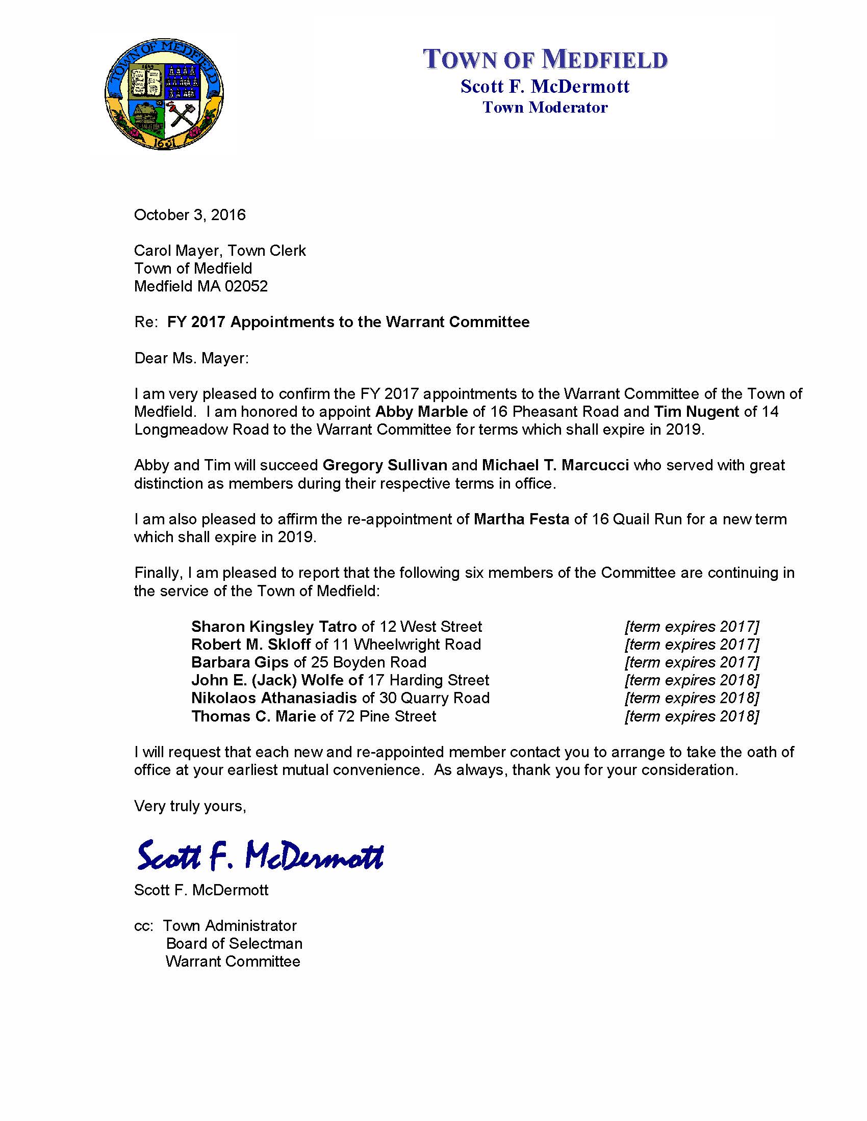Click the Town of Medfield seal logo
pos(164,93)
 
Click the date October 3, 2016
pos(190,215)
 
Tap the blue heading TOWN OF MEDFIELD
pos(545,59)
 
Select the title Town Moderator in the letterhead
pos(545,108)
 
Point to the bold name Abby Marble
pos(421,412)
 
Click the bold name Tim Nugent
pos(696,412)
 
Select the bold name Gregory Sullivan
pos(385,465)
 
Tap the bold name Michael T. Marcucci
pos(555,465)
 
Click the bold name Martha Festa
pos(521,519)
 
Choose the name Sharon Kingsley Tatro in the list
pos(274,627)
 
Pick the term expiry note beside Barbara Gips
pos(692,662)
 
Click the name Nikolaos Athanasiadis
pos(274,698)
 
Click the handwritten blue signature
pos(261,856)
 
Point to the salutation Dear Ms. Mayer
pos(191,358)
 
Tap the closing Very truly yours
pos(190,806)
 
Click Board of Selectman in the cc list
pos(234,943)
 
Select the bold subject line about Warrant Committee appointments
pos(348,322)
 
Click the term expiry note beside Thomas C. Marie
pos(692,716)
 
